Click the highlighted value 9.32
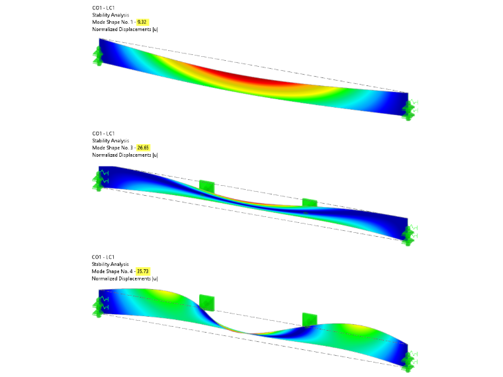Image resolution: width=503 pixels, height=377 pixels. [x=142, y=22]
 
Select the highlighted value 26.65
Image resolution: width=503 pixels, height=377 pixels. [x=143, y=147]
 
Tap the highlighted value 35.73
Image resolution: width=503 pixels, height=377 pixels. [x=143, y=271]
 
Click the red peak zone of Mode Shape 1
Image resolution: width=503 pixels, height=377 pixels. [x=244, y=78]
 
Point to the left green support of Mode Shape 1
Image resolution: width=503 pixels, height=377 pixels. [x=98, y=56]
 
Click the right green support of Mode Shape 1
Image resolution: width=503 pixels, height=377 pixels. [x=410, y=110]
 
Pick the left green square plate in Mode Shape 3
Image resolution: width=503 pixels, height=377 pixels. [x=206, y=187]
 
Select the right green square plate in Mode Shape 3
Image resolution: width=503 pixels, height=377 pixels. [x=310, y=203]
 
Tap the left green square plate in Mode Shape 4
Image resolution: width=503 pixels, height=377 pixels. [x=206, y=302]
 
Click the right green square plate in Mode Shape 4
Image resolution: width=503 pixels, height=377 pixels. [x=310, y=320]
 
